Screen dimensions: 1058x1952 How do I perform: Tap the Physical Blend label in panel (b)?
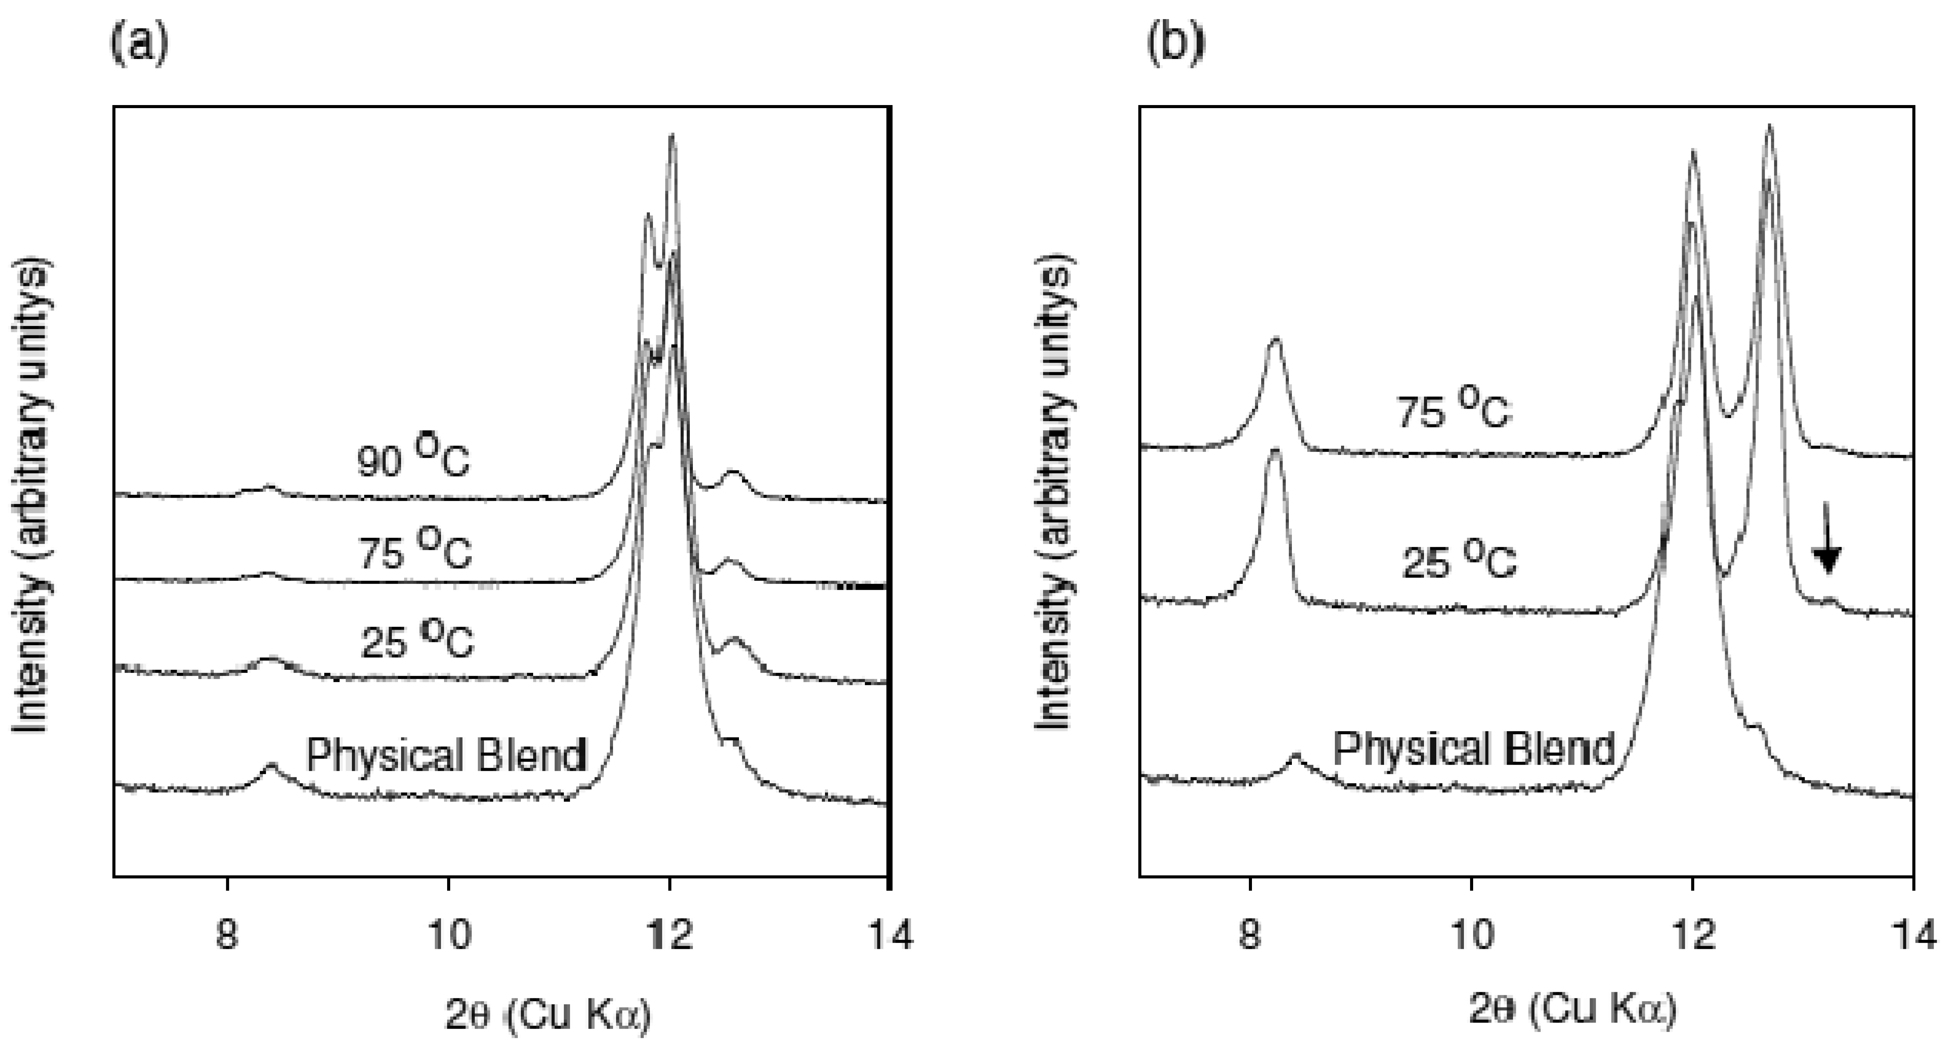[1474, 748]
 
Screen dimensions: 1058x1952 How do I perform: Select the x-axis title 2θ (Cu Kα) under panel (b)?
[1572, 1010]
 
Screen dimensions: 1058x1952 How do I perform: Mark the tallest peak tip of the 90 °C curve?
[671, 136]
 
